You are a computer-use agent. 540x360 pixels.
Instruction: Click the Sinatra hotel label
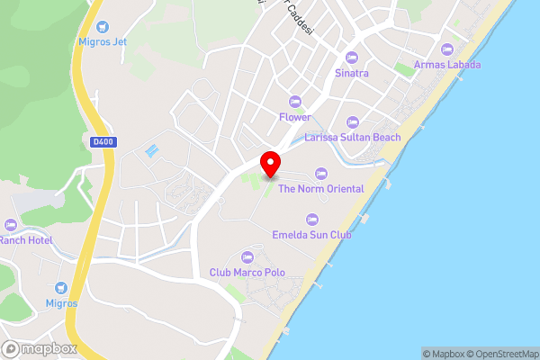coord(351,73)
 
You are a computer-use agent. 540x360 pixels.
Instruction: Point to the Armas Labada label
coord(447,65)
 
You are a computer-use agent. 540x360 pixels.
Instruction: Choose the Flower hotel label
coord(294,117)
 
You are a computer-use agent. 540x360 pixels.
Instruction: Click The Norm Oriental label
coord(320,189)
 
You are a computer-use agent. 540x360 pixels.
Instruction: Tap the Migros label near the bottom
coord(62,303)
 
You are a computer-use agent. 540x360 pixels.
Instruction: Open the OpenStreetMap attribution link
coord(504,354)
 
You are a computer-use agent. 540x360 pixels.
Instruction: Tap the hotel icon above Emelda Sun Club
coord(312,219)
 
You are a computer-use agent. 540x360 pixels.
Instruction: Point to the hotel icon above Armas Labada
coord(447,49)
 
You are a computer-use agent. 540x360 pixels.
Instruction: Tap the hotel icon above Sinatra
coord(351,58)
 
